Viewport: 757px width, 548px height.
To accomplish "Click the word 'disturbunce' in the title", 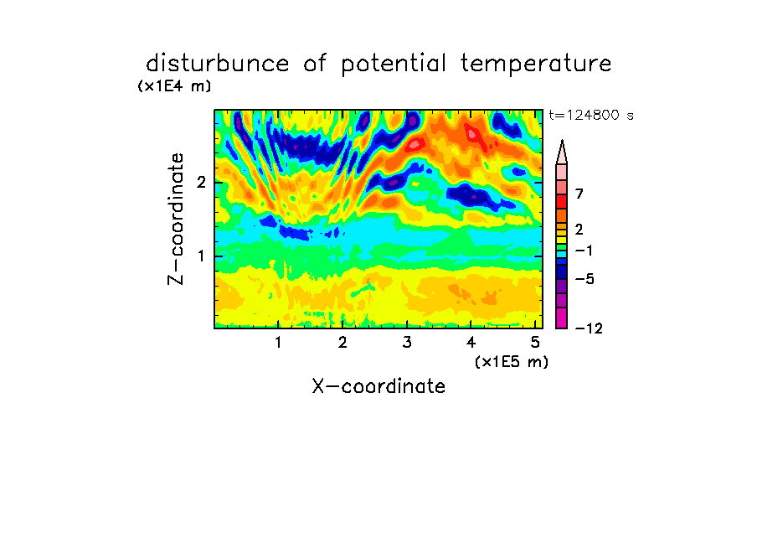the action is click(218, 64).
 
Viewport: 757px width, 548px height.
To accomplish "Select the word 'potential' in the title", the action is click(394, 65).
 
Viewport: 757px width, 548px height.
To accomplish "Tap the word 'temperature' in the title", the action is click(536, 65).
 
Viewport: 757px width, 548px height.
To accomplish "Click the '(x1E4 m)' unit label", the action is click(174, 86).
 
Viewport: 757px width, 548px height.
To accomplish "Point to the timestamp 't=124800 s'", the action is click(591, 115).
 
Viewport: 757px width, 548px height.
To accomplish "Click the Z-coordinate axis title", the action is click(176, 219).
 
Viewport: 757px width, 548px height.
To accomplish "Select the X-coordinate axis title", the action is click(378, 386).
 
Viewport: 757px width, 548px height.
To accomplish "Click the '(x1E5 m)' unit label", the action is click(512, 362).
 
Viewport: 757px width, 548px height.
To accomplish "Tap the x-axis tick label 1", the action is click(279, 343).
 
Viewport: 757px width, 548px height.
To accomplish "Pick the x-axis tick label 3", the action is click(407, 343).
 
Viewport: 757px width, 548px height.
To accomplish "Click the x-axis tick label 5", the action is click(535, 343).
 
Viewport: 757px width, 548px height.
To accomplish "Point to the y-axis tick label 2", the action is click(201, 183).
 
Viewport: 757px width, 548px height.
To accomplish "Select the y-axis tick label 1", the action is click(201, 256).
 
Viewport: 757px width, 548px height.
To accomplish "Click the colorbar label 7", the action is click(579, 194).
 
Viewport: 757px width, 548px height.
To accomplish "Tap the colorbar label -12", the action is click(589, 328).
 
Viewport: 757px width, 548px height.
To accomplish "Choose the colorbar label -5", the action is click(584, 279).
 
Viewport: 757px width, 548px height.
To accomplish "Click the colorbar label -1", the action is click(584, 251).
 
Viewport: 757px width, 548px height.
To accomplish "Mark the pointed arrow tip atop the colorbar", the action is click(562, 141).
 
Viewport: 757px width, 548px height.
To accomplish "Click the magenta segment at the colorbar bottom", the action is click(562, 318).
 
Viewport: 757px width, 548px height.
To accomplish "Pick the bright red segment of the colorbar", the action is click(562, 201).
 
